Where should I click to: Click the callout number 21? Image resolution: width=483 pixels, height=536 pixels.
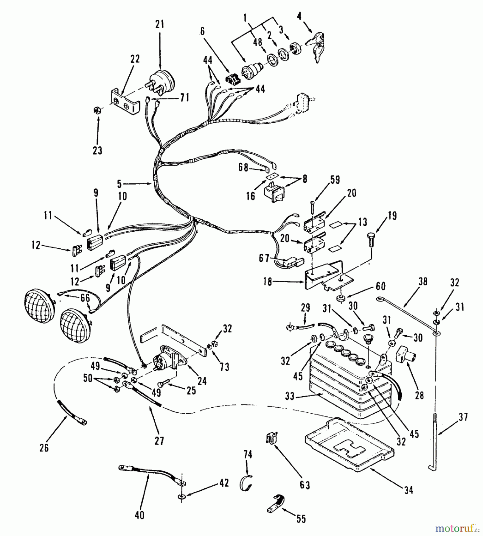pyautogui.click(x=160, y=24)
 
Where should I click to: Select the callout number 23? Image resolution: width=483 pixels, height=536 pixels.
pyautogui.click(x=97, y=151)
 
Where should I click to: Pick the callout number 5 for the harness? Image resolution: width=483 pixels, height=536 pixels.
pyautogui.click(x=119, y=184)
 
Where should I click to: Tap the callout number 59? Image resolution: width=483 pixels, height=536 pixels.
pyautogui.click(x=335, y=180)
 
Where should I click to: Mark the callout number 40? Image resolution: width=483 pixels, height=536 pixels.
pyautogui.click(x=139, y=515)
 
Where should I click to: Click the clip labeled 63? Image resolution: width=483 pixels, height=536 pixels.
pyautogui.click(x=270, y=437)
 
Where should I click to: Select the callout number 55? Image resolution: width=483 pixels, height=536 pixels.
pyautogui.click(x=301, y=519)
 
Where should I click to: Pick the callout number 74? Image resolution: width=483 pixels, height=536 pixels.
pyautogui.click(x=248, y=454)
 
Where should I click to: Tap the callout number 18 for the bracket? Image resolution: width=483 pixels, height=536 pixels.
pyautogui.click(x=268, y=282)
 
